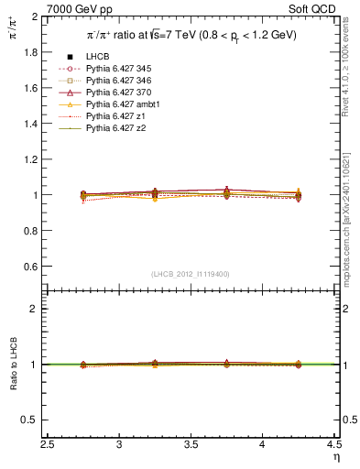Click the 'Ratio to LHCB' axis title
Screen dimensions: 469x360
[x=11, y=365]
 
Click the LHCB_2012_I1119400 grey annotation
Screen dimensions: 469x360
[x=191, y=274]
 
